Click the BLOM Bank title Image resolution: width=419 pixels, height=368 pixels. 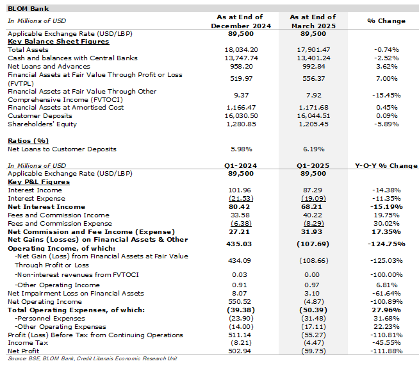[x=28, y=8]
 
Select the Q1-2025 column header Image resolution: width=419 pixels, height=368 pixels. [x=313, y=166]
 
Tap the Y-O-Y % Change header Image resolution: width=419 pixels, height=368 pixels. [x=386, y=166]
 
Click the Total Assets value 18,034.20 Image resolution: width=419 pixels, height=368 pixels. [x=241, y=50]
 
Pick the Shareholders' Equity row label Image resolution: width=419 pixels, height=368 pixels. [x=42, y=124]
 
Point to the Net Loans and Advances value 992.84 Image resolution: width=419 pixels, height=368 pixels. [x=313, y=66]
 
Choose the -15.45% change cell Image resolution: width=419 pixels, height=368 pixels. [x=386, y=96]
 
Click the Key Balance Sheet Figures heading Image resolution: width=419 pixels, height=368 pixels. [x=58, y=42]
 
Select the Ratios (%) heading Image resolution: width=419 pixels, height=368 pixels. [x=28, y=141]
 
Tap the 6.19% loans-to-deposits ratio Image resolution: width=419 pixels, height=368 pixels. [x=313, y=149]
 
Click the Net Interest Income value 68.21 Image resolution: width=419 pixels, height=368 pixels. [x=311, y=206]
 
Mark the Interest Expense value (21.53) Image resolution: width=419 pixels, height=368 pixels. [x=241, y=199]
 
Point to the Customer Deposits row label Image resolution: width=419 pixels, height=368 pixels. [x=40, y=116]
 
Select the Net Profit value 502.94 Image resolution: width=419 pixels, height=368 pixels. [x=240, y=351]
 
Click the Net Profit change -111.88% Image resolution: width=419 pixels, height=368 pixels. [x=386, y=351]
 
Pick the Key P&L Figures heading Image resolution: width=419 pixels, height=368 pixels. [x=38, y=182]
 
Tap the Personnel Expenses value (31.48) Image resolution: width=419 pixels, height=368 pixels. [x=313, y=318]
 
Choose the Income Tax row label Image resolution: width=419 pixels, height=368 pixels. [x=28, y=343]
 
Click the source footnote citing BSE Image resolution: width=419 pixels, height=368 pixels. [x=92, y=358]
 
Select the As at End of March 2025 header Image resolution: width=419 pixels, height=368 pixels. [x=313, y=21]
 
